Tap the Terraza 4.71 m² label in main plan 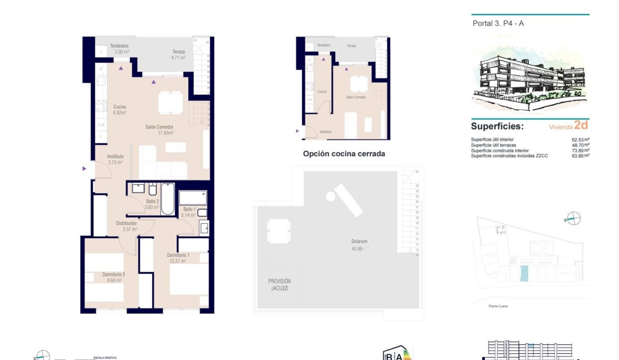178,55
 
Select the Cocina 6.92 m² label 120,109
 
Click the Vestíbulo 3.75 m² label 115,159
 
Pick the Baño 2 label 152,204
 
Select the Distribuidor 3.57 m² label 126,226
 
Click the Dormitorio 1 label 178,258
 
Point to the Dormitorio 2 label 113,277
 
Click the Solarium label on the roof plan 357,244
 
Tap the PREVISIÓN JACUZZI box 280,285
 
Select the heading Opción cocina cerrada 344,154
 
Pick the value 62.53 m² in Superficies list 580,139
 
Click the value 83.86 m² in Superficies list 580,155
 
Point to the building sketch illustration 530,77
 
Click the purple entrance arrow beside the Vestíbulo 84,168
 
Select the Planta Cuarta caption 498,306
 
